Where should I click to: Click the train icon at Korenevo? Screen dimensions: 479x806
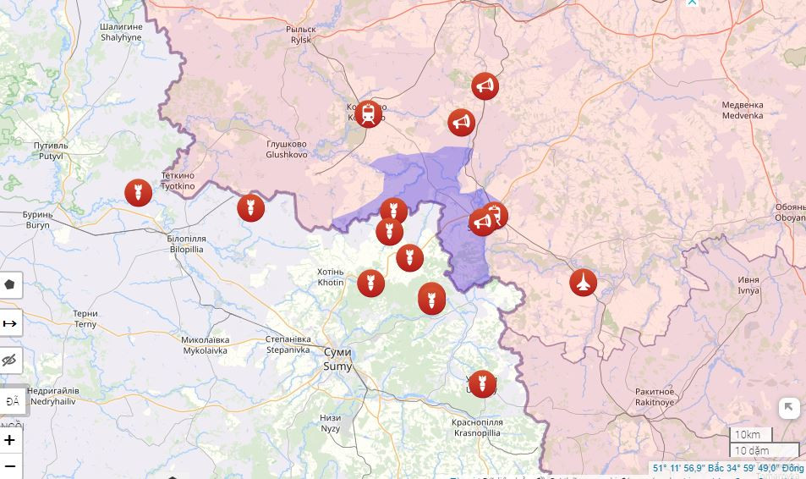coord(368,113)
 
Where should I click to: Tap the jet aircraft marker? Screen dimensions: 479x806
coord(583,282)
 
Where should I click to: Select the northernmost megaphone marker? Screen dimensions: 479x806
coord(485,85)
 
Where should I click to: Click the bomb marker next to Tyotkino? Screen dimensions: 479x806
coord(138,193)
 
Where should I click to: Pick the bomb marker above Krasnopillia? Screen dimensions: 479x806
coord(482,383)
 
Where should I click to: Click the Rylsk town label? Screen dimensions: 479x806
coord(301,34)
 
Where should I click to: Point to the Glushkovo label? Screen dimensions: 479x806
coord(287,150)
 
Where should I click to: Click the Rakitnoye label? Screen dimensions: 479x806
coord(655,397)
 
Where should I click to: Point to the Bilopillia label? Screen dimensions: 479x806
coord(187,245)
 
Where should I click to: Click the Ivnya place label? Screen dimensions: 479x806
coord(748,284)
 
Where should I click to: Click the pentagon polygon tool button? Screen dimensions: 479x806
coord(10,284)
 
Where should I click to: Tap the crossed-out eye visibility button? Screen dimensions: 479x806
coord(10,361)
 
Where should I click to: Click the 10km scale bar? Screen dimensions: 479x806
coord(751,435)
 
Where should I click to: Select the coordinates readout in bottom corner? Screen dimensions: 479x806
coord(727,468)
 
